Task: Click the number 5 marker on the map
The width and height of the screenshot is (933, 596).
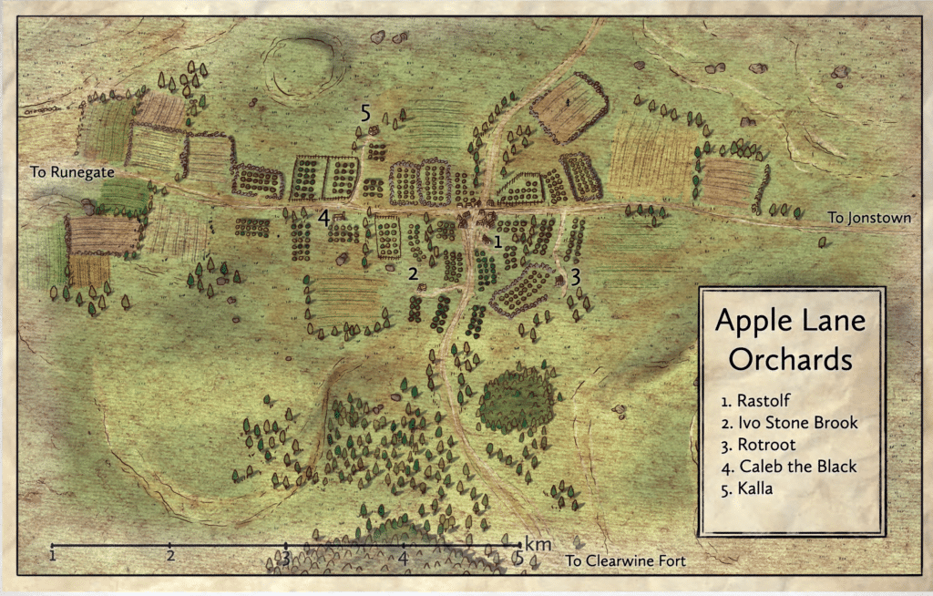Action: tap(365, 114)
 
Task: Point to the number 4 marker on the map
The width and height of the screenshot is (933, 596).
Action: tap(323, 217)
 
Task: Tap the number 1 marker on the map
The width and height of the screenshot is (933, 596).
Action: tap(497, 242)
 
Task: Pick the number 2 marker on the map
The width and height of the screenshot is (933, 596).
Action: tap(413, 273)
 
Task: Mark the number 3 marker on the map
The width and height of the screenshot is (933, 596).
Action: tap(575, 273)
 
